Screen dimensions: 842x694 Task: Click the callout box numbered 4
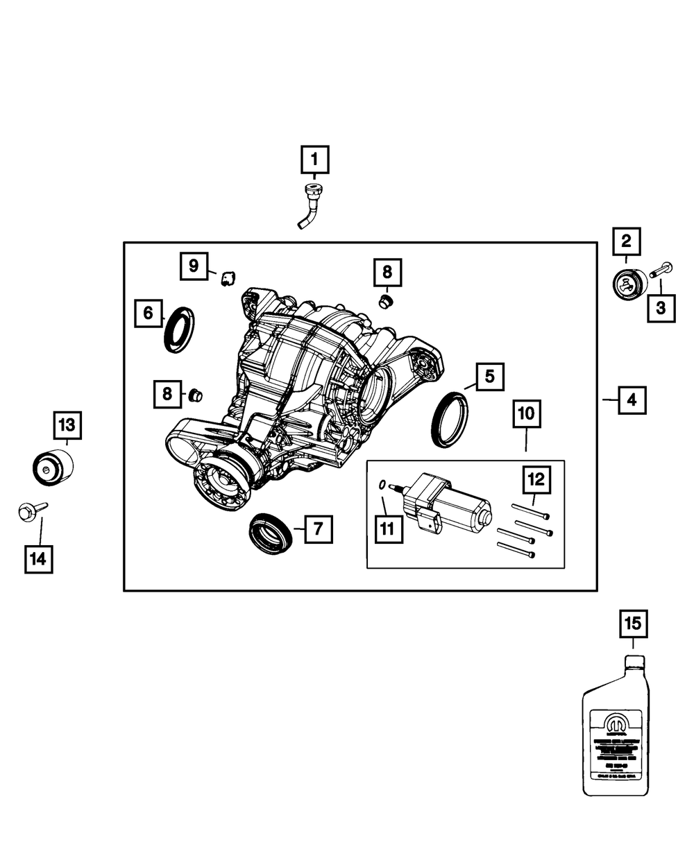[x=632, y=399]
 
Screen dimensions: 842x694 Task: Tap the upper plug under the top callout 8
[x=387, y=302]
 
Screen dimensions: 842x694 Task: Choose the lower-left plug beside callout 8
[x=195, y=396]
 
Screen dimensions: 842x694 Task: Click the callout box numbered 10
[x=525, y=415]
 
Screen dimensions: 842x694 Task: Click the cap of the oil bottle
[x=633, y=660]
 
